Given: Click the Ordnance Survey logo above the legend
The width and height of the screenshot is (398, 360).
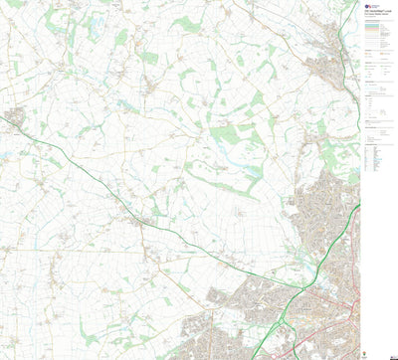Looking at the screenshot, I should (x=368, y=5).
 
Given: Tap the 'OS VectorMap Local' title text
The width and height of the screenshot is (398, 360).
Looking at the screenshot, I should (x=376, y=14).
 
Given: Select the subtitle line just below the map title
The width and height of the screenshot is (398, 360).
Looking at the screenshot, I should (x=376, y=19).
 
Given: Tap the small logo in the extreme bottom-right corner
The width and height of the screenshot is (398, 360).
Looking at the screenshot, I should (x=390, y=354).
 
